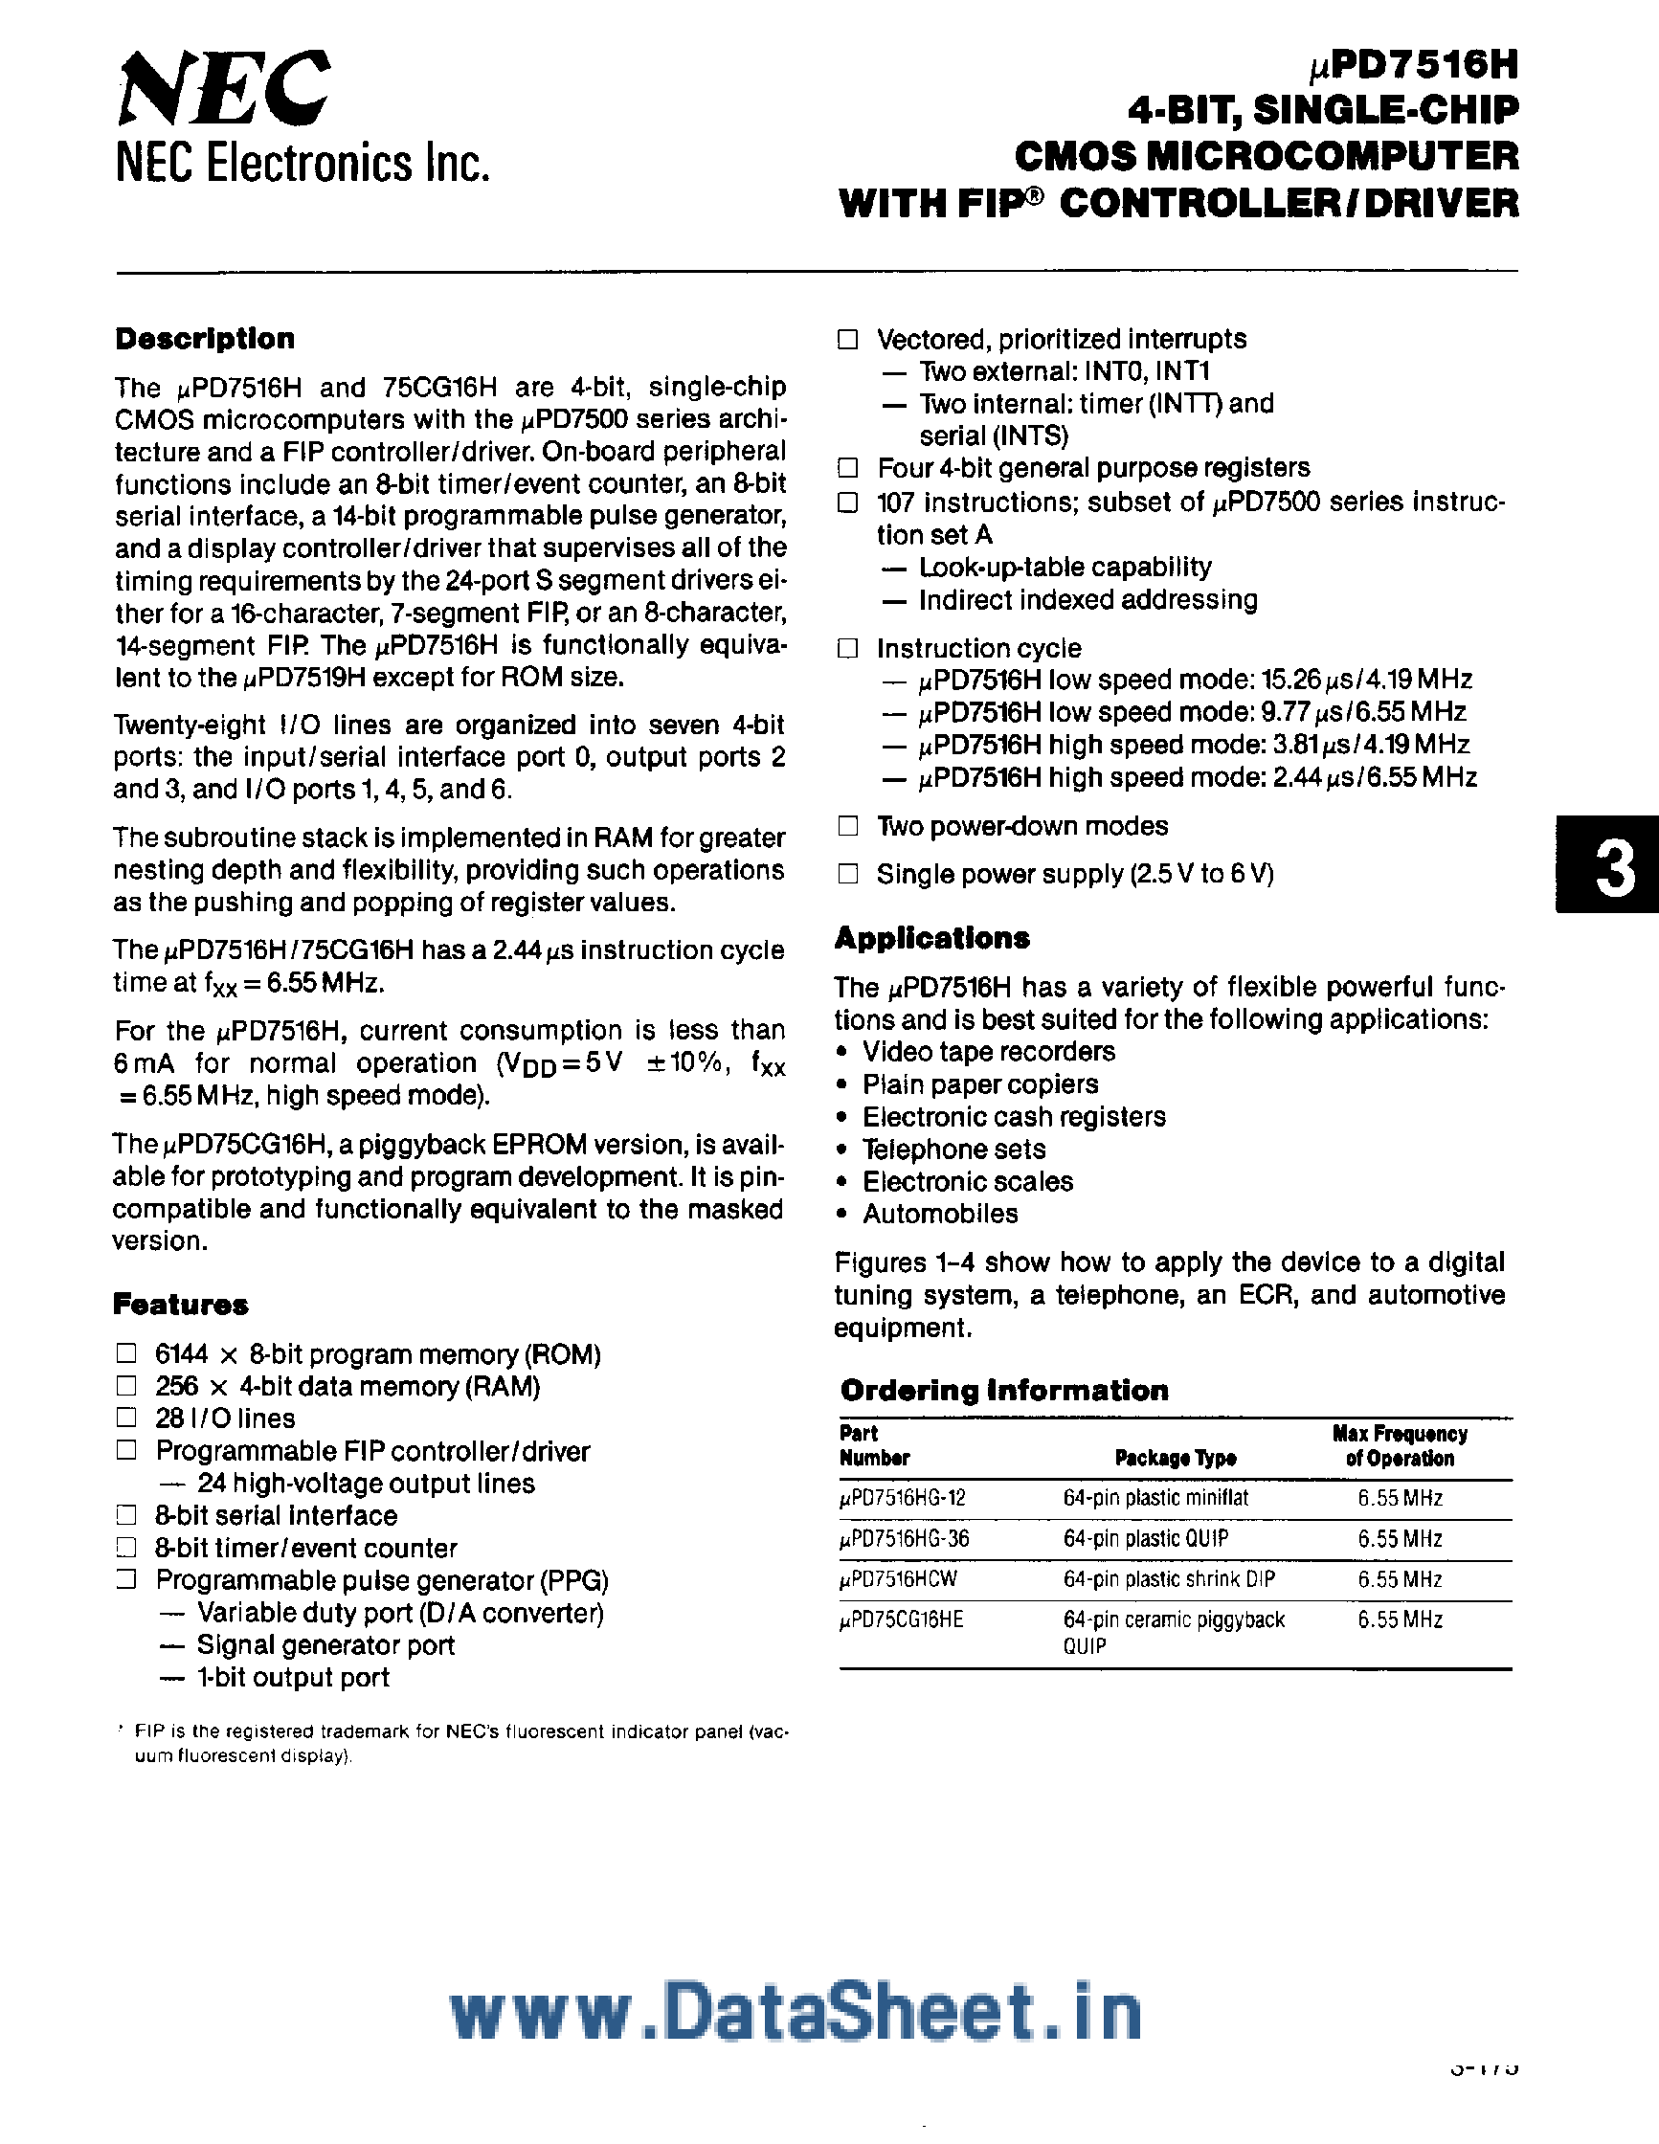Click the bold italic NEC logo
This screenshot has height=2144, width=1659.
coord(224,89)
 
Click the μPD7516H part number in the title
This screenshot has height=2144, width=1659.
coord(1414,66)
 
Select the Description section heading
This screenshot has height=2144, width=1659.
coord(204,339)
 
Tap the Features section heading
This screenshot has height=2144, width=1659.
coord(181,1305)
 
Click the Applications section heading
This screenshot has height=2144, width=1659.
coord(931,939)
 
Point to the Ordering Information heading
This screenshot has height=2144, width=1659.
coord(1004,1390)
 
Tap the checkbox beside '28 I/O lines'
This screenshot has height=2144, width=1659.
coord(125,1418)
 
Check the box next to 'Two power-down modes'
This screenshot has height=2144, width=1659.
coord(848,826)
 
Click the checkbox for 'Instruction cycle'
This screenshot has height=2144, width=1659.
coord(848,648)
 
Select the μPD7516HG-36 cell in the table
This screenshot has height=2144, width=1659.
coord(904,1538)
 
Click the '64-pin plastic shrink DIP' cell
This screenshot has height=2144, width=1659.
coord(1168,1579)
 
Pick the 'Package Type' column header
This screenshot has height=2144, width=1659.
coord(1175,1458)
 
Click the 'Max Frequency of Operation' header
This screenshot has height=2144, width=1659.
coord(1399,1446)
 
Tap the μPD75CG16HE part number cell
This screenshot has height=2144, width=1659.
coord(901,1619)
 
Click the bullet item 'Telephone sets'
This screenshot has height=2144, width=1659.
coord(953,1149)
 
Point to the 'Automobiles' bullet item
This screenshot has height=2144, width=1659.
coord(939,1214)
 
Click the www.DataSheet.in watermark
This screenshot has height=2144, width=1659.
coord(796,2011)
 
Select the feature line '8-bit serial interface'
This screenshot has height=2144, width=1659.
coord(276,1515)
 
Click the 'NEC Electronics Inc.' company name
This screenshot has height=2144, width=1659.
coord(303,163)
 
